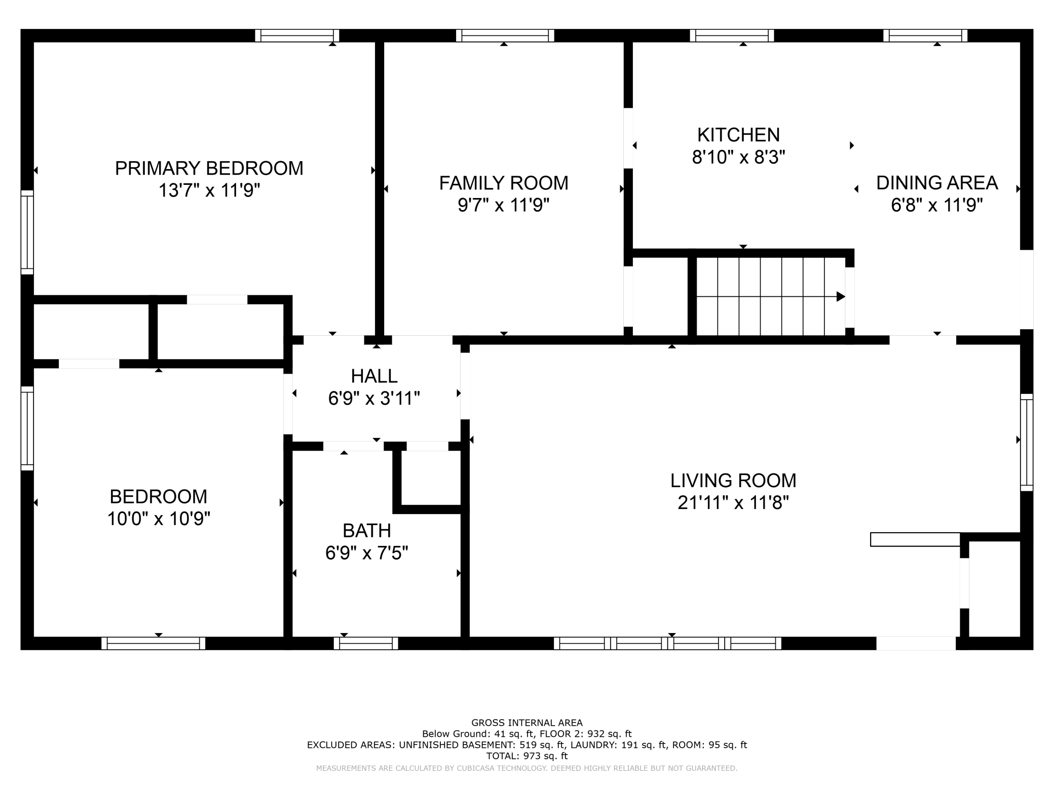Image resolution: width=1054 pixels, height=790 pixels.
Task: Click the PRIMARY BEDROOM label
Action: pos(209,168)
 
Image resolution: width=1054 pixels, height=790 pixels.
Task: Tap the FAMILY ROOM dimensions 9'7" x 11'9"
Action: pos(504,205)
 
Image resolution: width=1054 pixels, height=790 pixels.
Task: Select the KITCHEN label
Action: pos(738,135)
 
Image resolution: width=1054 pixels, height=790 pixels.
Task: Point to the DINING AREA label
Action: pos(937,183)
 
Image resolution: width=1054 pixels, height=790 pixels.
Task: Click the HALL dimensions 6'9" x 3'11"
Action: pos(374,399)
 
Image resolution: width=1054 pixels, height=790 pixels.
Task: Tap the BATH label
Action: pos(367,531)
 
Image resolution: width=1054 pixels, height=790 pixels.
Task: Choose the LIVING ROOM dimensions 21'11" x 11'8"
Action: pos(733,503)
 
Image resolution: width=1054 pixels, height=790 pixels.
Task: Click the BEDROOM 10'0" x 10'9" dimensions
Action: pos(159,519)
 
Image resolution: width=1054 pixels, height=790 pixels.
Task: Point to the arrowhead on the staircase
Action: pos(840,296)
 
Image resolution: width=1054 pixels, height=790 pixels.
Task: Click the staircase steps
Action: pos(770,296)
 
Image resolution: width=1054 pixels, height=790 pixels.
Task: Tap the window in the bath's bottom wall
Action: pos(366,643)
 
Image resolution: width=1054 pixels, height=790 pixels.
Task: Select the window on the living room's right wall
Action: pos(1027,442)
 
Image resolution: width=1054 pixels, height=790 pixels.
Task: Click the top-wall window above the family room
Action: pos(505,35)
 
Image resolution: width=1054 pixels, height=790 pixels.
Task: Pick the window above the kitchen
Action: pos(732,35)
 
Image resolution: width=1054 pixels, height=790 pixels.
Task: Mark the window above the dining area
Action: pos(925,35)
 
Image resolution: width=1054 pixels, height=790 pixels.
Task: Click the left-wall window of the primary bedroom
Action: pos(27,232)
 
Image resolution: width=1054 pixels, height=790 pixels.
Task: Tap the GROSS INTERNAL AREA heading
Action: pos(527,723)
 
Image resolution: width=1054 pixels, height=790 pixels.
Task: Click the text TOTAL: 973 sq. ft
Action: pos(527,756)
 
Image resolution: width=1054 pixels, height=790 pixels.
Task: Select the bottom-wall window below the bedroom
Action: pos(154,643)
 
